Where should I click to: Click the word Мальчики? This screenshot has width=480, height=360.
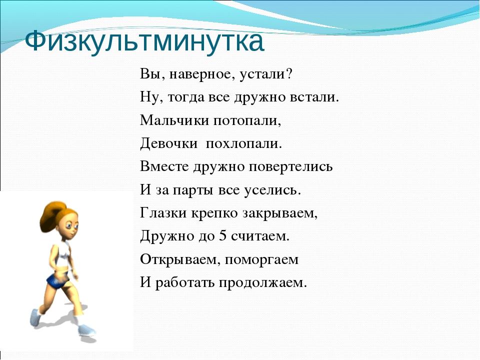pos(174,120)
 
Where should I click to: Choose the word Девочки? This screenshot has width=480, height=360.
pos(168,144)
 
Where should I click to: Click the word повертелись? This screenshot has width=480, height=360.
pos(290,167)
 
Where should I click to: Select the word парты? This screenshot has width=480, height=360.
pos(192,190)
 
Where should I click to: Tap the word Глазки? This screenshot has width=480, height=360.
pos(163,213)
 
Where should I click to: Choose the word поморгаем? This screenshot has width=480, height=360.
pos(261,260)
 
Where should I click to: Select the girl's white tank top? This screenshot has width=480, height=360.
pos(59,254)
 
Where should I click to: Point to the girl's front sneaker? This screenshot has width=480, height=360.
pos(86,330)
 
